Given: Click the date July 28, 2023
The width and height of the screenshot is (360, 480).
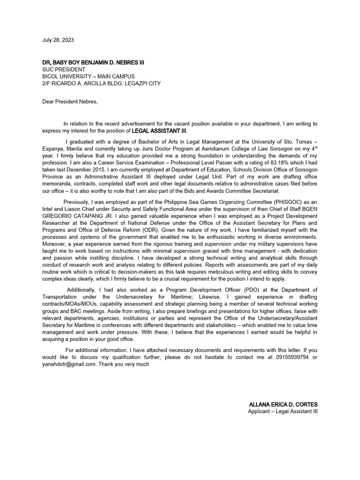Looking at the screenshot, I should [x=58, y=40].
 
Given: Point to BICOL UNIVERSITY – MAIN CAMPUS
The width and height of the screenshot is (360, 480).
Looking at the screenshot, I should [x=88, y=76].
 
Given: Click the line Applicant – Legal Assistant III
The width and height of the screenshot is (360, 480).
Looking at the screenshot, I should [x=283, y=411].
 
